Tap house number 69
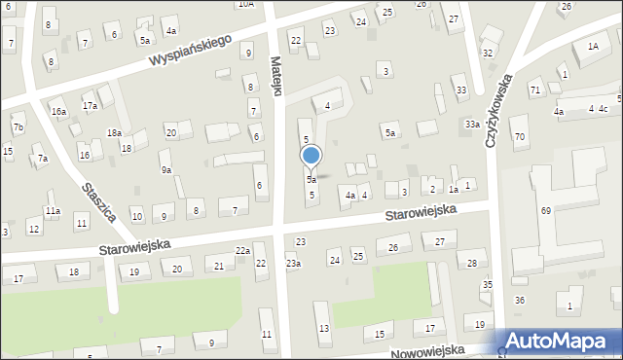coord(546,211)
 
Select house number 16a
coord(58,112)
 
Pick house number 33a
coord(472,125)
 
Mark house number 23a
coord(293,264)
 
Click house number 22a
coord(242,251)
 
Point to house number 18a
coord(114,132)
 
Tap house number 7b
coord(18,127)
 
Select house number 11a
coord(53,210)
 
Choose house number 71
coord(534,90)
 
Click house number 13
coord(323,329)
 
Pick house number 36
coord(520,300)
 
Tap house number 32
coord(488,53)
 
